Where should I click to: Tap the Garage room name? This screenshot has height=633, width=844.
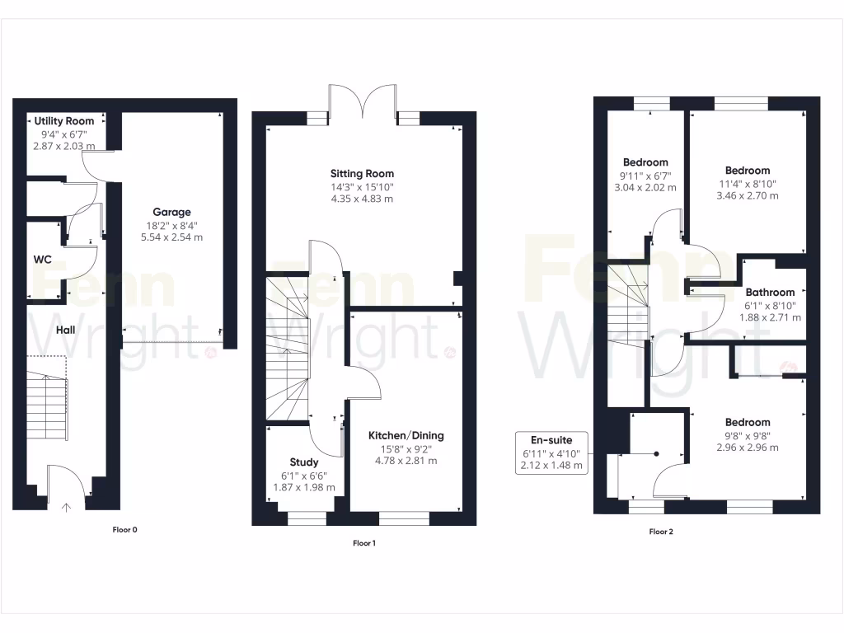pyautogui.click(x=171, y=212)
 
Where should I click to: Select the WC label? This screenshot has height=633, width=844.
pyautogui.click(x=43, y=260)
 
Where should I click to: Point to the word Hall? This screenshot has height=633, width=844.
pyautogui.click(x=67, y=330)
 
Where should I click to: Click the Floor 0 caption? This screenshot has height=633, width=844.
pyautogui.click(x=124, y=530)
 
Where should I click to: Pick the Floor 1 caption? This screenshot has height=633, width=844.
pyautogui.click(x=363, y=543)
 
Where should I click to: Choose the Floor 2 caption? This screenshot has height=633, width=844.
pyautogui.click(x=661, y=532)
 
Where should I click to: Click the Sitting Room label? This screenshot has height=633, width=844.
pyautogui.click(x=362, y=174)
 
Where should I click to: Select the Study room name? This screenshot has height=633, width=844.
pyautogui.click(x=304, y=462)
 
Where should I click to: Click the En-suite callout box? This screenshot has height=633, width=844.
pyautogui.click(x=552, y=452)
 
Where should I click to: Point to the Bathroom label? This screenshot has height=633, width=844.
pyautogui.click(x=770, y=292)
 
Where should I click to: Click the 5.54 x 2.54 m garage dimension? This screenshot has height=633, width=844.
pyautogui.click(x=171, y=237)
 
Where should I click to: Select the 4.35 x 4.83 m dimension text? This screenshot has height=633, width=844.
pyautogui.click(x=362, y=199)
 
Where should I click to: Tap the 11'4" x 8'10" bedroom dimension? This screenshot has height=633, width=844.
pyautogui.click(x=748, y=184)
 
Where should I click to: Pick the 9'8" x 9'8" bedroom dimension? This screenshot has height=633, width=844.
pyautogui.click(x=748, y=436)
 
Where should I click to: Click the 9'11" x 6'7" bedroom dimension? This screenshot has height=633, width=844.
pyautogui.click(x=645, y=176)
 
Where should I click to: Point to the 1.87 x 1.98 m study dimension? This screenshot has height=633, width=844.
pyautogui.click(x=304, y=487)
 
